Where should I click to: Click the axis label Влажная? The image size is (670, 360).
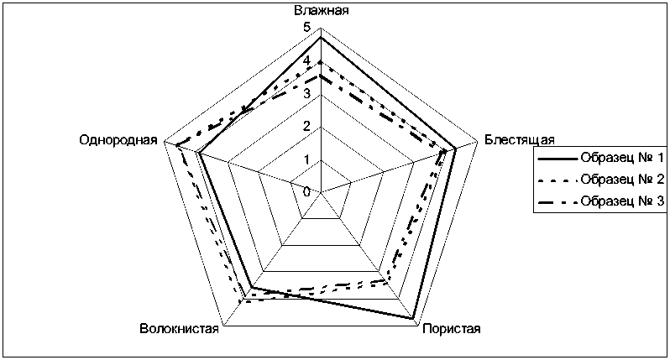322,11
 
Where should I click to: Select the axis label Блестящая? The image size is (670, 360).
518,140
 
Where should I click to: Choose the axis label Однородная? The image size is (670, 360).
118,140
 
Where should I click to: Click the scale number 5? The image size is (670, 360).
306,28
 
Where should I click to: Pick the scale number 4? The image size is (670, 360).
306,60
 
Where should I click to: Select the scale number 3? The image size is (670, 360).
306,93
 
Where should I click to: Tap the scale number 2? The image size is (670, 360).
306,126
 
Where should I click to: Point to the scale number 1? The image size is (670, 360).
306,159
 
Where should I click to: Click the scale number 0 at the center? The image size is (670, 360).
306,191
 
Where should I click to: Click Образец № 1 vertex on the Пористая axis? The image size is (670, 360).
414,319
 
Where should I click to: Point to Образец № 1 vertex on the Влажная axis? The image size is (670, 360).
321,38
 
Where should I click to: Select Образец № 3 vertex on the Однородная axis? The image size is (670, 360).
176,145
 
